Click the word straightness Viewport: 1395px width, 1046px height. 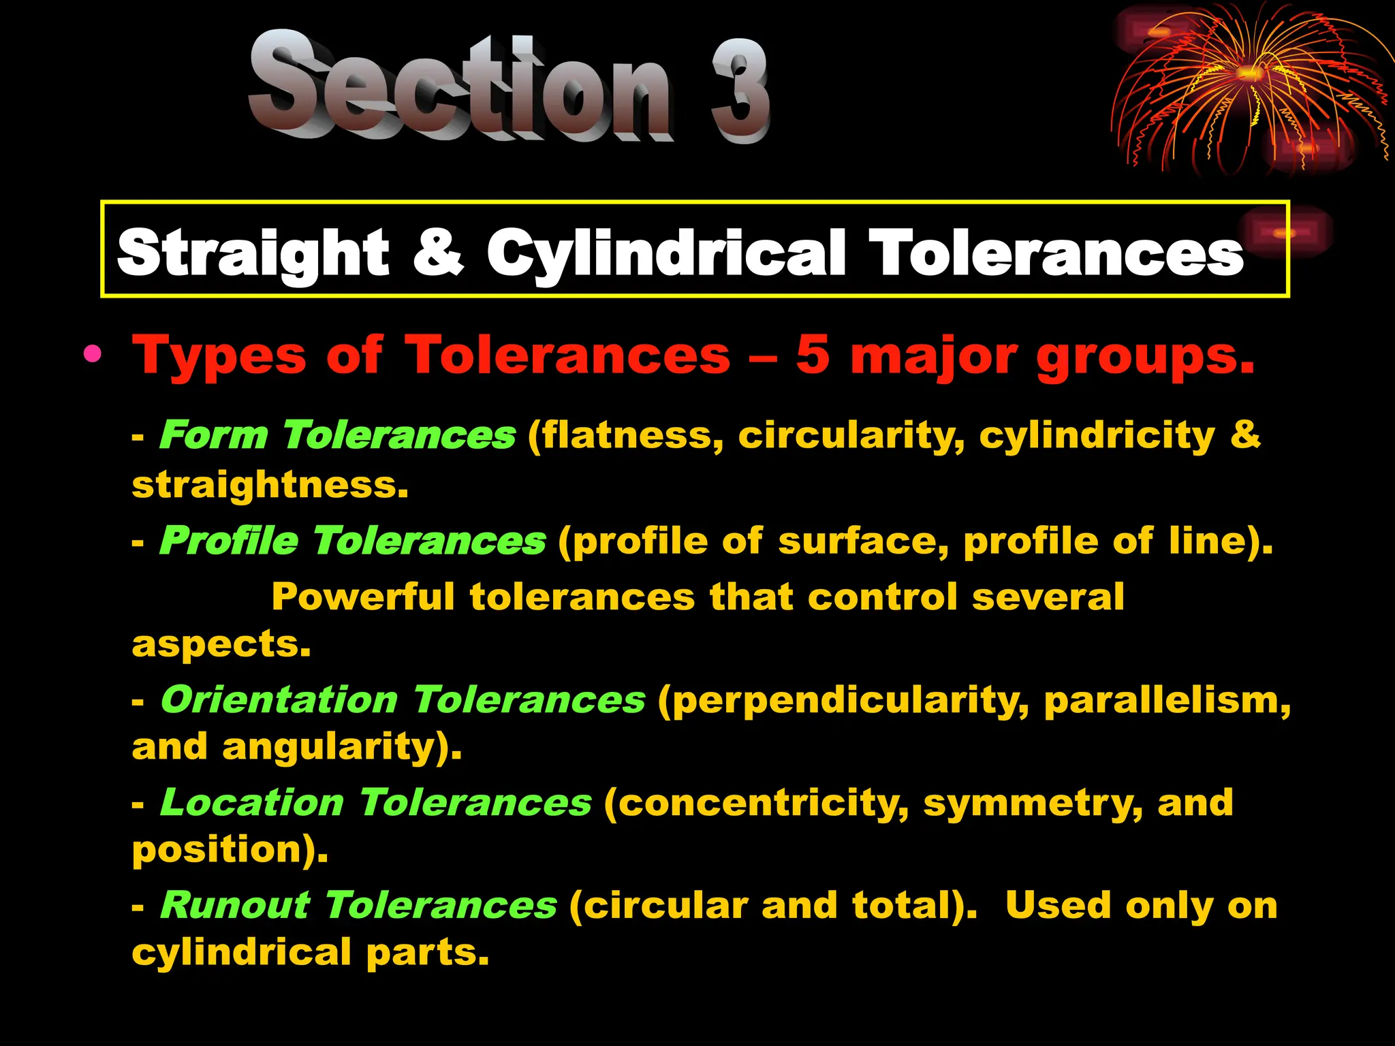[x=270, y=485]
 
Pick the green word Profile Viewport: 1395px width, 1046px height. [x=229, y=541]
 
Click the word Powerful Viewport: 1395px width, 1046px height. [x=363, y=597]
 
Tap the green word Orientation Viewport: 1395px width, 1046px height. [x=279, y=699]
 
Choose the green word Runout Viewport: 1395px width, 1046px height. [x=235, y=906]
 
